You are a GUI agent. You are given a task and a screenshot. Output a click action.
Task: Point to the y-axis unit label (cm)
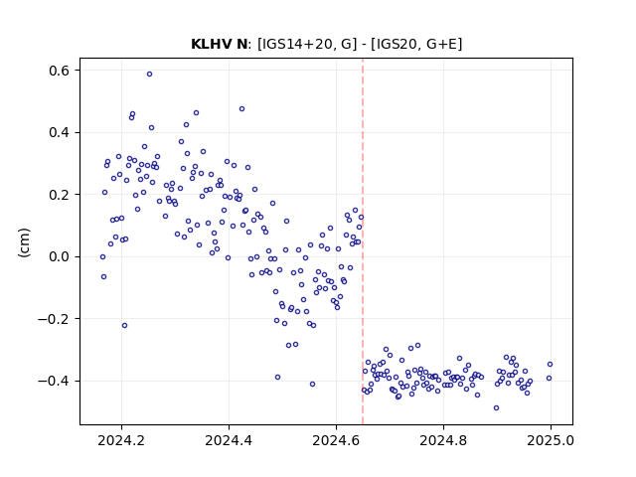[x=24, y=242]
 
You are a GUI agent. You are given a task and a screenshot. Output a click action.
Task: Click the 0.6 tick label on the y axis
[x=60, y=71]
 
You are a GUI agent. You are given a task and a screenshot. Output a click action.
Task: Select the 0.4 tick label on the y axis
[x=60, y=132]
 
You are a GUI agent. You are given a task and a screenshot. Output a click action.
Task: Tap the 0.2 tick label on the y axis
[x=60, y=195]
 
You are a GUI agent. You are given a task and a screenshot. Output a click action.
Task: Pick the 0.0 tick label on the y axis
[x=60, y=256]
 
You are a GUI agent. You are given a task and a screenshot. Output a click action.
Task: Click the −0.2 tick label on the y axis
[x=55, y=319]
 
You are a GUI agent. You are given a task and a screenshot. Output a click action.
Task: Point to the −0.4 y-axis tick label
[x=55, y=381]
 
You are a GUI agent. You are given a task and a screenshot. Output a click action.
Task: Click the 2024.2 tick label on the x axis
[x=121, y=440]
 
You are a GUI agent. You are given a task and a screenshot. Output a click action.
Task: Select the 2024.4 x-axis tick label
[x=229, y=440]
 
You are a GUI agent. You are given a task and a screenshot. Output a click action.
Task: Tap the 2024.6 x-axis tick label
[x=336, y=440]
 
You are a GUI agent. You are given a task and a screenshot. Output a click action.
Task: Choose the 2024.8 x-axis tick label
[x=443, y=440]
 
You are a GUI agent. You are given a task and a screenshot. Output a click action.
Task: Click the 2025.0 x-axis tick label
[x=551, y=440]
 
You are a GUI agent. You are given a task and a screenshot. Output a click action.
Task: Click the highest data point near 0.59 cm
[x=149, y=75]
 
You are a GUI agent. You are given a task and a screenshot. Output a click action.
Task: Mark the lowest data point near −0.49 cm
[x=496, y=408]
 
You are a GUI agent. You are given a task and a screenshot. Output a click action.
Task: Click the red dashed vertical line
[x=363, y=241]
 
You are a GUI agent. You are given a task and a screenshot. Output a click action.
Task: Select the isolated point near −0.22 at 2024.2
[x=124, y=325]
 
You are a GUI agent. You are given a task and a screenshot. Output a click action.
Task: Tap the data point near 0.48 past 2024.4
[x=241, y=108]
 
